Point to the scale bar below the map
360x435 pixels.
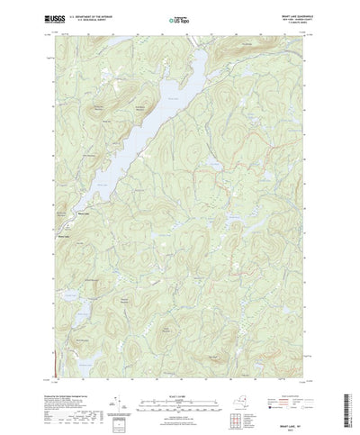179,388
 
